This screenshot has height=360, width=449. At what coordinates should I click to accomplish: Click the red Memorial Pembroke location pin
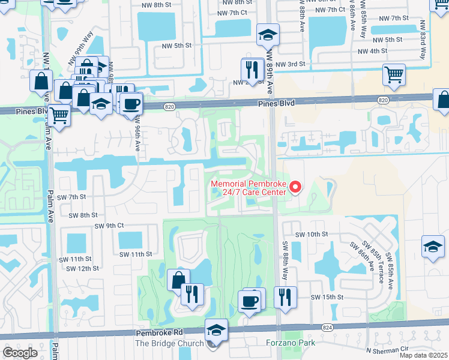tap(295, 187)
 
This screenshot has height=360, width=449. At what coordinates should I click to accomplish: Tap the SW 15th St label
tap(327, 297)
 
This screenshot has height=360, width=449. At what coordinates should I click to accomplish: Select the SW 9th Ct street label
tap(109, 226)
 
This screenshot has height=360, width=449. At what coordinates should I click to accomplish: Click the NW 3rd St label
tap(291, 64)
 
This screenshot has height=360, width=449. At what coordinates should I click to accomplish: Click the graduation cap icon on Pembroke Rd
tap(216, 330)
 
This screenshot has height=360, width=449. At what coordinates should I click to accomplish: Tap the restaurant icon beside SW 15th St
tap(285, 296)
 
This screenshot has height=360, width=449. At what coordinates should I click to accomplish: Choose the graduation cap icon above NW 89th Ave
tap(267, 35)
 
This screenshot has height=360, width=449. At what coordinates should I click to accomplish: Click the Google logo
tap(20, 353)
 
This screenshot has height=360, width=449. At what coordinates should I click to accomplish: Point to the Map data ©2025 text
tap(423, 355)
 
